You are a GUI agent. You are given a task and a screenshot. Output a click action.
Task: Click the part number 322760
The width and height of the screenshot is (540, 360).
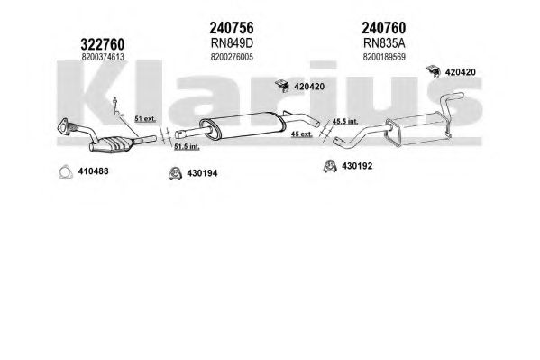tap(102, 44)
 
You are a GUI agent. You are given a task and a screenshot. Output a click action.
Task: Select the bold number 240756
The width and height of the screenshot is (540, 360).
tap(232, 28)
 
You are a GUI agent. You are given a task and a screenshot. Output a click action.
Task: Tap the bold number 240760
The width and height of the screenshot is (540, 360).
tap(384, 28)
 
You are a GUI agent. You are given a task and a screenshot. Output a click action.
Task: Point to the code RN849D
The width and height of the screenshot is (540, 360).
tap(232, 43)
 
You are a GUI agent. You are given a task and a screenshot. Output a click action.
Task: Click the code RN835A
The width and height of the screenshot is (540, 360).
tap(384, 43)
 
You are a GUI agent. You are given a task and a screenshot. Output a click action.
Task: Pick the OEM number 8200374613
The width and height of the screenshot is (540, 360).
tap(103, 57)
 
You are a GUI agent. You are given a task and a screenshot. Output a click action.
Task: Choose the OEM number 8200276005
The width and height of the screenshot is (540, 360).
tap(232, 57)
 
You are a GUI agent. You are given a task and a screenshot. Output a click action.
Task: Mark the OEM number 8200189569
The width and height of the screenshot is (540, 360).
tap(384, 57)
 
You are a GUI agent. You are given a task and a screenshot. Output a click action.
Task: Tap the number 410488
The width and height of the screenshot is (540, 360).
tap(93, 171)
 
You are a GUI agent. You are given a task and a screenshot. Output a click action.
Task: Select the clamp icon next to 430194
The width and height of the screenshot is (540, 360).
tap(175, 173)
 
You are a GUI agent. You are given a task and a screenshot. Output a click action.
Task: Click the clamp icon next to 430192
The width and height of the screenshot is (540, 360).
tap(330, 166)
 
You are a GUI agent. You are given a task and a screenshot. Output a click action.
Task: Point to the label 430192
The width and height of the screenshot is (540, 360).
tap(357, 166)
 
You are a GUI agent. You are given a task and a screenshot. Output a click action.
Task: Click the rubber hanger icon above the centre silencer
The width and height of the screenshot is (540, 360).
tap(282, 86)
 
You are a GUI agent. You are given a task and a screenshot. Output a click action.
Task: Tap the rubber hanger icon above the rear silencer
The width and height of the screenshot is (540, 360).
tap(433, 70)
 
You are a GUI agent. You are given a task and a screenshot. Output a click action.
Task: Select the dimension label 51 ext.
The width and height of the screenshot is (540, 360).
tap(145, 119)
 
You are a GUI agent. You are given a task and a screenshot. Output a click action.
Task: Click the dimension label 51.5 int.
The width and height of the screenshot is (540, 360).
tap(187, 146)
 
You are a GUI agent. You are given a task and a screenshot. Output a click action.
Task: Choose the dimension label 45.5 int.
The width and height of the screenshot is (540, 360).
tap(345, 122)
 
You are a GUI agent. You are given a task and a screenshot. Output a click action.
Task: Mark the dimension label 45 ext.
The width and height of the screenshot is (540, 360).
tap(302, 134)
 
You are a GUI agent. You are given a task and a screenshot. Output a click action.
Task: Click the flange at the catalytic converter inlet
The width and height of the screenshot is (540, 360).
tap(64, 125)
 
